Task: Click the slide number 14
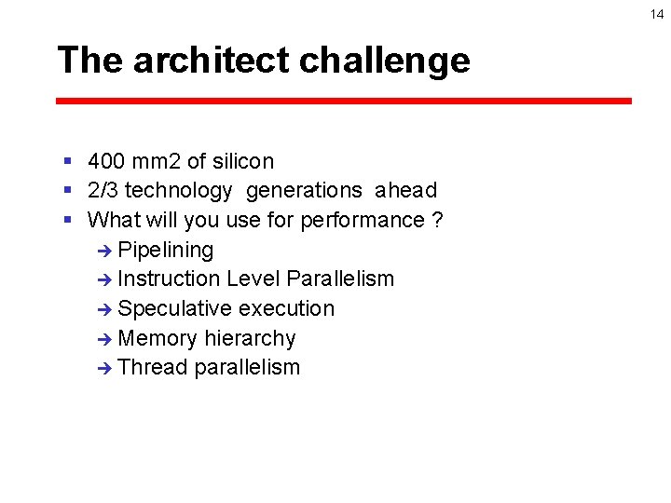657,13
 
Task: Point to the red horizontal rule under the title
343,101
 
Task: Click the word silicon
242,161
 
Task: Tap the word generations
304,191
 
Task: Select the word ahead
405,191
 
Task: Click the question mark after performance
437,221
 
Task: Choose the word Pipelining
166,250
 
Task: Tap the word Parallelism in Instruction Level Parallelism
340,279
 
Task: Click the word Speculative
175,308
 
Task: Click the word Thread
153,367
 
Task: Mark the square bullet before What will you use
68,221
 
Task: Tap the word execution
286,308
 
